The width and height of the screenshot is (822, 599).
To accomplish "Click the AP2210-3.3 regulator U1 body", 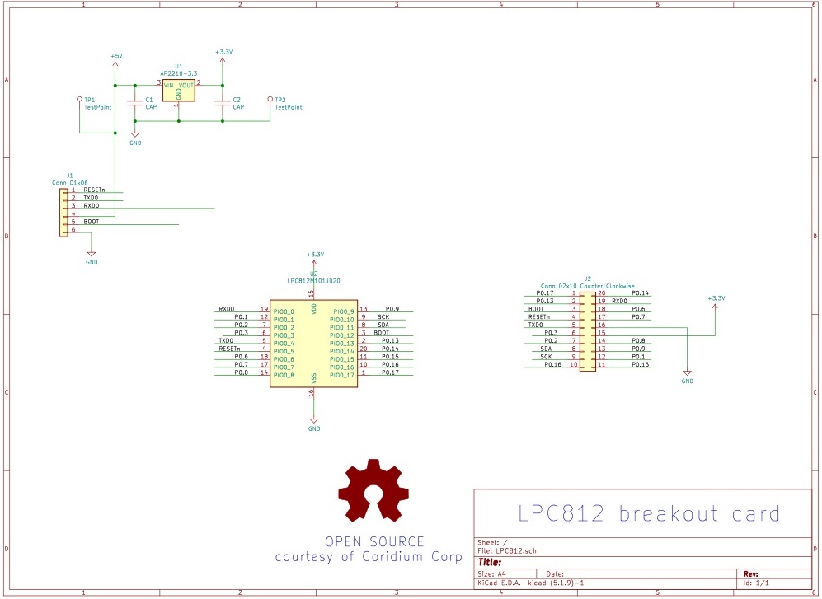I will [178, 91].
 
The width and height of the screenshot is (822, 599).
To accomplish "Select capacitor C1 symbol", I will [135, 102].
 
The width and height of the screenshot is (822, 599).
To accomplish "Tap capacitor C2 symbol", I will [222, 102].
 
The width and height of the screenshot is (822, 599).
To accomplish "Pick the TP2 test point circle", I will [270, 98].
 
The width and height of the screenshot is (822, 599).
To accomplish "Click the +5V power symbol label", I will [115, 56].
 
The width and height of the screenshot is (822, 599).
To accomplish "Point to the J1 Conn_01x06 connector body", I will [63, 213].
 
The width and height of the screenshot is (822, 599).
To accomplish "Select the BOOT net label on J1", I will [91, 222].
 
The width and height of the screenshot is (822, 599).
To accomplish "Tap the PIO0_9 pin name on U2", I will [342, 311].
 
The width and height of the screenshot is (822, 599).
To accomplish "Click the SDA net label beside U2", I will [383, 325].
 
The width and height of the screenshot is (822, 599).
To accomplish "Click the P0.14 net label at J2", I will [640, 293].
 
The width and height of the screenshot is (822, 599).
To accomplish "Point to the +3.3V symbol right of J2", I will [716, 298].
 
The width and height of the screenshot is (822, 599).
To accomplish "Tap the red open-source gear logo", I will [373, 492].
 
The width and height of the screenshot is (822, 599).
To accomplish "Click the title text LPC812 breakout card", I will [648, 513].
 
